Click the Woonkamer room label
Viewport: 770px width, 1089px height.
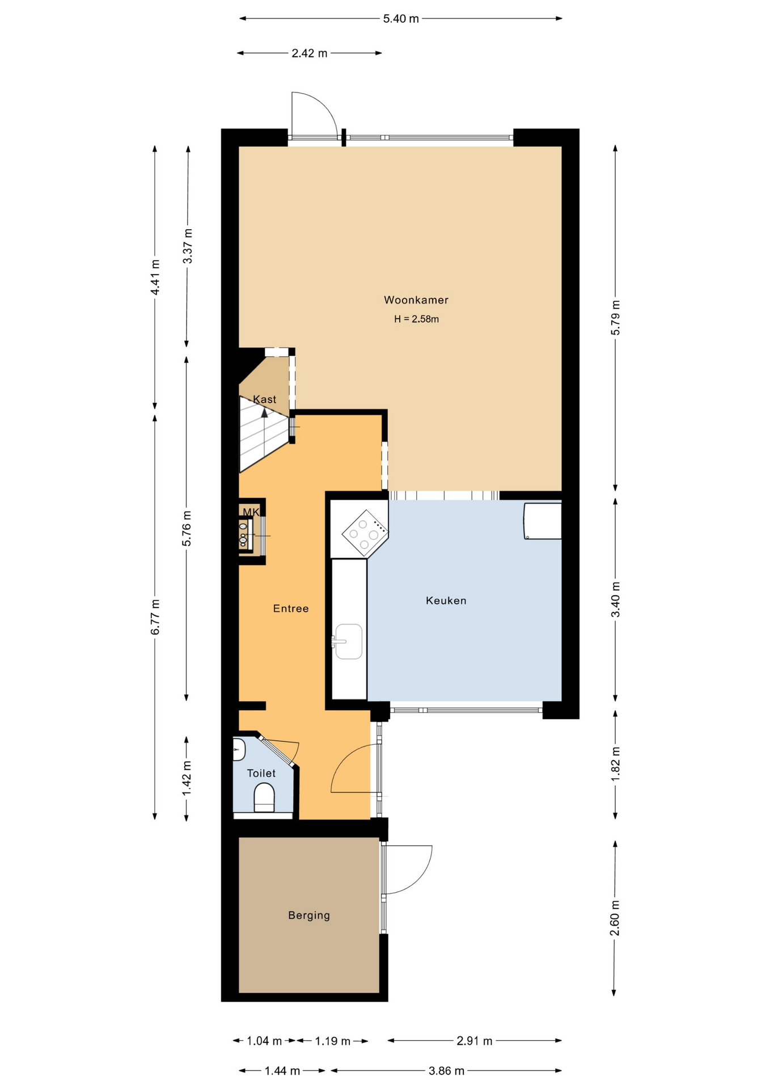(416, 300)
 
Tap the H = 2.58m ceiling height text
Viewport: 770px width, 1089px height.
(416, 319)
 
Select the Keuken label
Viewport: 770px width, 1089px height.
(446, 601)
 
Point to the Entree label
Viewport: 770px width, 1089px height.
(291, 609)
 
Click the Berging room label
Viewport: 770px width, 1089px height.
(309, 915)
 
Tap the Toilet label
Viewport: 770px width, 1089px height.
(261, 773)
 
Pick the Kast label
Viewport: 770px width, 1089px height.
(265, 399)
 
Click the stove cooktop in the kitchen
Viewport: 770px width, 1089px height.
(365, 533)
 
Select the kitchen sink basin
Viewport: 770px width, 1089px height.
(349, 641)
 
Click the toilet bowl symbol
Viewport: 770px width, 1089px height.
(264, 797)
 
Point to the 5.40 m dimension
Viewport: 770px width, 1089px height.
(401, 19)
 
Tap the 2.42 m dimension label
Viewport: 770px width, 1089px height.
(310, 53)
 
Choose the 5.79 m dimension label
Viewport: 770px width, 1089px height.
(615, 318)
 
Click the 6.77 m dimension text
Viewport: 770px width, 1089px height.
(155, 617)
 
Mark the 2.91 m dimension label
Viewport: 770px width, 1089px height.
(475, 1041)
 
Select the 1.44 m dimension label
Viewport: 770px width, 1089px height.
(282, 1071)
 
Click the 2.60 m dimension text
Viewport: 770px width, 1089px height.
(615, 918)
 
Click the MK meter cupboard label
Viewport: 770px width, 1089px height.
(251, 512)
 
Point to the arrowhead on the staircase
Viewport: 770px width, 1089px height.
(264, 413)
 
